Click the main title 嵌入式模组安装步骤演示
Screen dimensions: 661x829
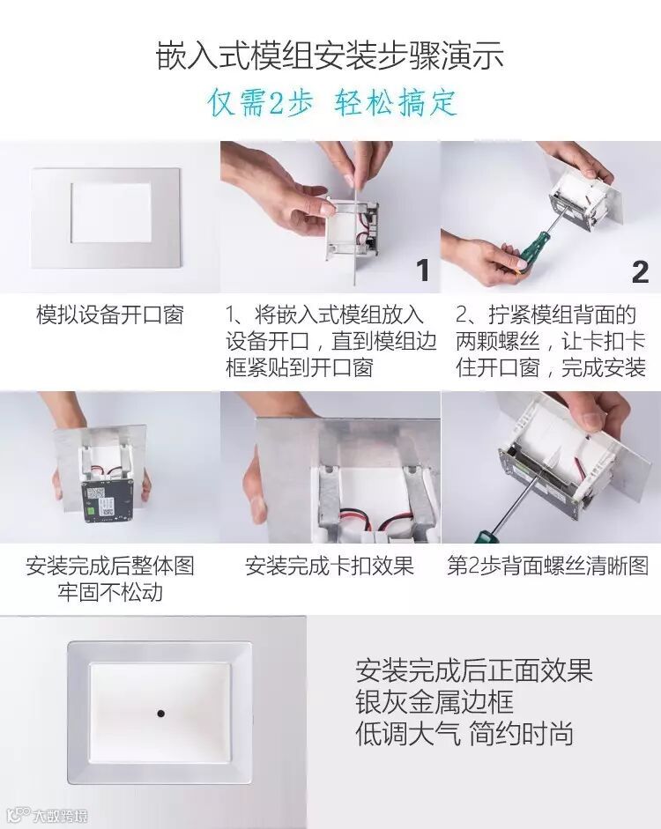(330, 56)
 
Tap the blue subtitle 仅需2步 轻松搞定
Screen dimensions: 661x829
(332, 102)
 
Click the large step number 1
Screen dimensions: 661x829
(422, 270)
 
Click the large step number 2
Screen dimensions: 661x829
(640, 271)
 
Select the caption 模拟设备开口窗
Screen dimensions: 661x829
(110, 315)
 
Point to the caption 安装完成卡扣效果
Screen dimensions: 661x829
(330, 566)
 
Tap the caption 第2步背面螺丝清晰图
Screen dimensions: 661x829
(548, 566)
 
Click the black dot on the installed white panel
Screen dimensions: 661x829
(160, 714)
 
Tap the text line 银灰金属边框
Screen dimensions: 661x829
(434, 702)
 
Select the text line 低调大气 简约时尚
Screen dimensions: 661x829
(464, 734)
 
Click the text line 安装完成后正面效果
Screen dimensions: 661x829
(474, 670)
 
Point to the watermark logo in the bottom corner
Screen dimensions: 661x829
(48, 816)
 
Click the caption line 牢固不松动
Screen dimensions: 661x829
(110, 592)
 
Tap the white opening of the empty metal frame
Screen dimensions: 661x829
(111, 212)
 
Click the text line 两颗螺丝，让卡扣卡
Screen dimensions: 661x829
(551, 341)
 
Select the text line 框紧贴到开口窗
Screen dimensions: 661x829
(300, 366)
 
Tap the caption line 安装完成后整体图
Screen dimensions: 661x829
(110, 566)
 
